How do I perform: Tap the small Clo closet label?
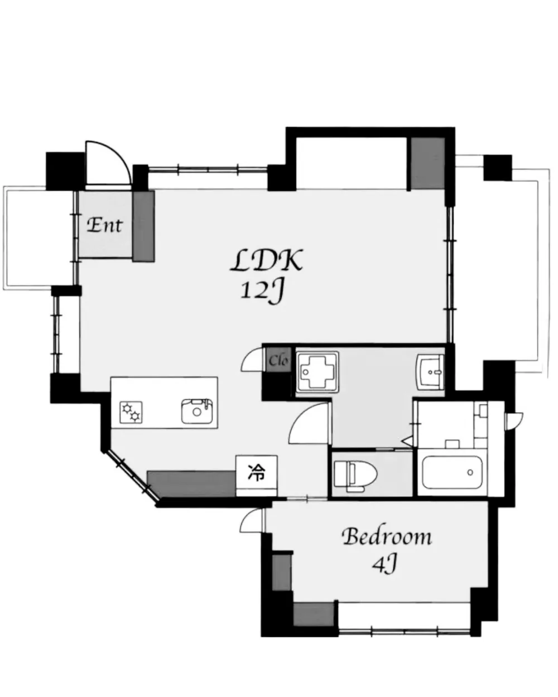click(x=278, y=360)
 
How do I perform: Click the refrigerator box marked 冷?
click(x=257, y=476)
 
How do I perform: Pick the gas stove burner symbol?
click(x=131, y=412)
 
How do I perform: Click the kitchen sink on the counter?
click(x=197, y=412)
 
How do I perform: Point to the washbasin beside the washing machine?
click(x=430, y=372)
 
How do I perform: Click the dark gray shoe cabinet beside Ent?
click(x=143, y=226)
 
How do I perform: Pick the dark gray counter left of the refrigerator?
click(x=191, y=483)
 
